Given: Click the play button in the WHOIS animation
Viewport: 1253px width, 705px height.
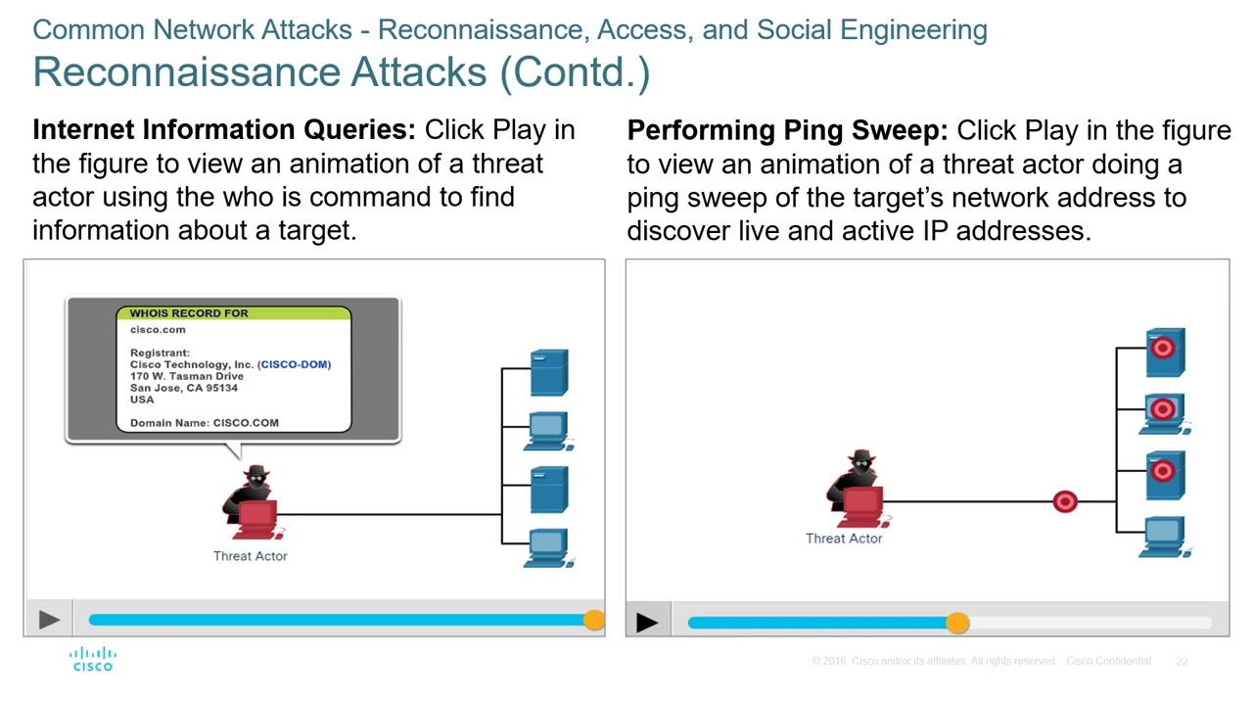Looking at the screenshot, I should (x=49, y=619).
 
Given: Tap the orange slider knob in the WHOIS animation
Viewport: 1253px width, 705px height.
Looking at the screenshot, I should (x=593, y=620).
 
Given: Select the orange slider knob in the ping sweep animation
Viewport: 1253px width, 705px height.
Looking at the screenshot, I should (x=957, y=623).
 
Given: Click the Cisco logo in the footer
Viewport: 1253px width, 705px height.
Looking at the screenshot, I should (x=93, y=659).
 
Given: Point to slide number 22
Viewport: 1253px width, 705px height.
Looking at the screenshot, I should (x=1182, y=662).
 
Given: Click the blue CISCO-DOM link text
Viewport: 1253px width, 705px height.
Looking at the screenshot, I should (x=294, y=364).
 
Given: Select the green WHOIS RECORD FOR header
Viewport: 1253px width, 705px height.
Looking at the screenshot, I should (x=233, y=313).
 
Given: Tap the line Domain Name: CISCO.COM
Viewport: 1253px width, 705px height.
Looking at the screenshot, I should (x=205, y=423).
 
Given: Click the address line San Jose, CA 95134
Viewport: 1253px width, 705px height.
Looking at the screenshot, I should (x=184, y=388).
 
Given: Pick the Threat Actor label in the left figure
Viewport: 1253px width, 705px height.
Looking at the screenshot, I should (x=251, y=556).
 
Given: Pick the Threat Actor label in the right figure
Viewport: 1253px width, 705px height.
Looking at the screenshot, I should (x=844, y=539).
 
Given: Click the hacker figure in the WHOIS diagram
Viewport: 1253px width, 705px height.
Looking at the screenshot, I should (x=255, y=502).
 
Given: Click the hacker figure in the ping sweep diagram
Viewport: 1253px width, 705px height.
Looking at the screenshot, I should (x=858, y=488).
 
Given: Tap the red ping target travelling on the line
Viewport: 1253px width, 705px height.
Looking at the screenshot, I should (x=1065, y=502).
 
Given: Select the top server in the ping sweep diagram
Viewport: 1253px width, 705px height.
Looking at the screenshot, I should (x=1164, y=352).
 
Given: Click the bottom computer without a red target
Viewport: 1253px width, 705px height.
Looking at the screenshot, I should (x=1164, y=537).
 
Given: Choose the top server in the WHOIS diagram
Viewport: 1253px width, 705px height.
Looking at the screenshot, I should (x=548, y=372).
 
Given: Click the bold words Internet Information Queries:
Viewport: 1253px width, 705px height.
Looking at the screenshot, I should (x=225, y=130).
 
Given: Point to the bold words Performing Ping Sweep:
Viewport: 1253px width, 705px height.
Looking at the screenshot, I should (x=787, y=130).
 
